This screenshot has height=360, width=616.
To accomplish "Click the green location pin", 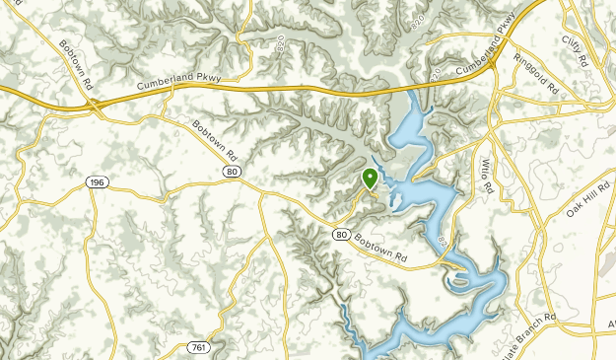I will tap(371, 179).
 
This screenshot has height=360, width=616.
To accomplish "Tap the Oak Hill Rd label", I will tap(587, 201).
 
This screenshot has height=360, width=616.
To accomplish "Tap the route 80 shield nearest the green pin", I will tap(340, 234).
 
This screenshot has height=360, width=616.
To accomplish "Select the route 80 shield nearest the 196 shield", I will tap(231, 172).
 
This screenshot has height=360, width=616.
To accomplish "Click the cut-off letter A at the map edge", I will tap(611, 323).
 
